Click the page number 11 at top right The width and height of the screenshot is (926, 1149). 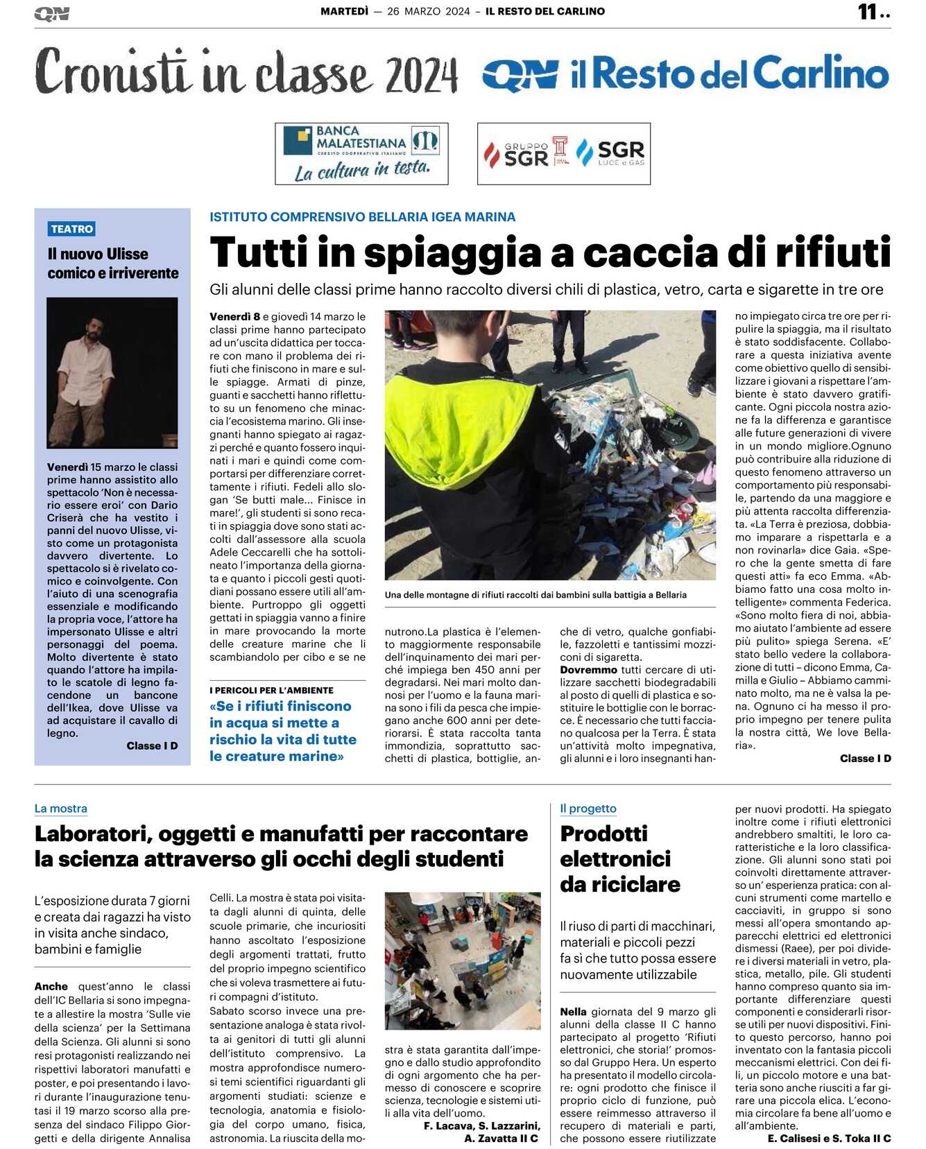[x=868, y=12]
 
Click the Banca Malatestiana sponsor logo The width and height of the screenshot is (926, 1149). [x=361, y=153]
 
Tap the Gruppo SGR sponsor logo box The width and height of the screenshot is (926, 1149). [x=563, y=153]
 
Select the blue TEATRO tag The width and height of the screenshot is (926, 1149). [x=71, y=229]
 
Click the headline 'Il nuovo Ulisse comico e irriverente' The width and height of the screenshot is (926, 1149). [x=112, y=264]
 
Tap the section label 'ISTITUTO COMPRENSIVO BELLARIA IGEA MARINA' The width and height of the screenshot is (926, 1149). [x=362, y=217]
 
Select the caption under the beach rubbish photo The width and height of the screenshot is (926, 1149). [x=535, y=595]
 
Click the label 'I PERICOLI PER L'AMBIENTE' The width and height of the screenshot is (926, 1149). [x=271, y=691]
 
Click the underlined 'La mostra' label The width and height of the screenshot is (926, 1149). [x=61, y=809]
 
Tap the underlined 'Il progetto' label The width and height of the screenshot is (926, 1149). [x=588, y=809]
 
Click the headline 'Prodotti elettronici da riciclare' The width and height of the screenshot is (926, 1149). [x=619, y=858]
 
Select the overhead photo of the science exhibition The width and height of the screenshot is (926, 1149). [x=463, y=961]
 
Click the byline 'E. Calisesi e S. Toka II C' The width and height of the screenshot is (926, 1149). [x=829, y=1139]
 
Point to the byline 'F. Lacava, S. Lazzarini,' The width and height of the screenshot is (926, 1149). [x=481, y=1126]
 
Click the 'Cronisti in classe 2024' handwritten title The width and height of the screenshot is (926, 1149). [x=246, y=73]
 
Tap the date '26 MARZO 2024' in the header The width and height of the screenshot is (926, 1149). [x=428, y=11]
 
